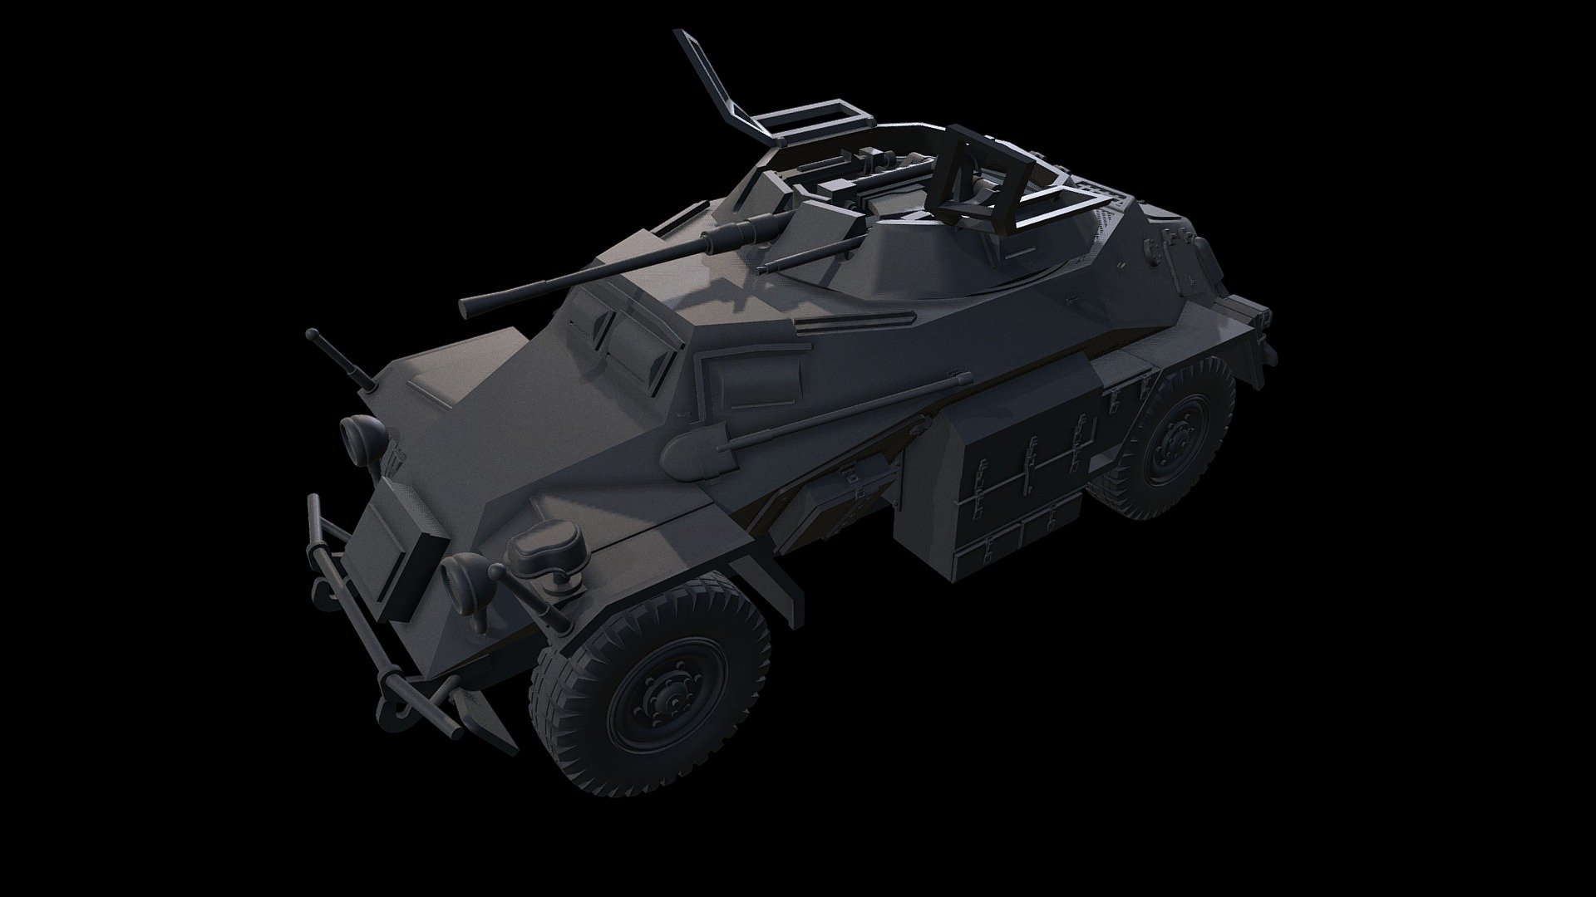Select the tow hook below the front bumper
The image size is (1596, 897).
tap(391, 710)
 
